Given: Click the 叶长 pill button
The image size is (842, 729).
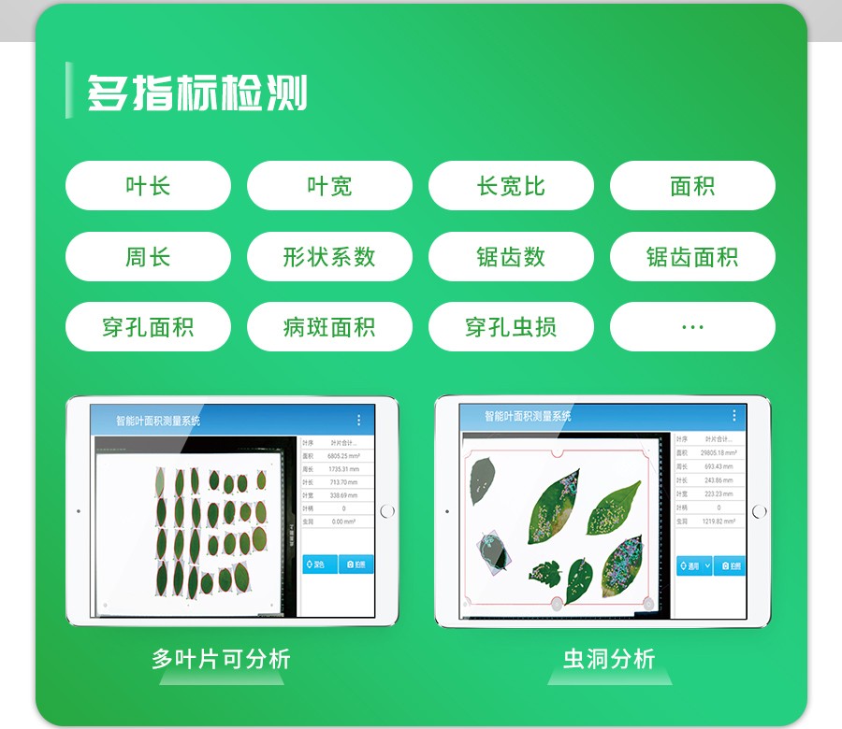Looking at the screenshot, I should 148,186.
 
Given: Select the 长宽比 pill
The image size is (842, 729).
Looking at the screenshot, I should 511,186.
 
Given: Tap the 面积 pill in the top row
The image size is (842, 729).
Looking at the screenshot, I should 692,186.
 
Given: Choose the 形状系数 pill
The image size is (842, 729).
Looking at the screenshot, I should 329,257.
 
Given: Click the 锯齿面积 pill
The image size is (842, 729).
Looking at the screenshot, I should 692,257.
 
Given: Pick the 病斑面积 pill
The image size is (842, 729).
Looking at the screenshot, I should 329,327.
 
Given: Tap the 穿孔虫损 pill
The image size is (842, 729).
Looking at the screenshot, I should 511,327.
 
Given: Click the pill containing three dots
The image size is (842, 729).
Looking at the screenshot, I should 692,327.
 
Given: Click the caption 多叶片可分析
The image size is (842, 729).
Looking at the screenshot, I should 221,659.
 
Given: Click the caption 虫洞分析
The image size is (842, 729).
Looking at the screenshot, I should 609,659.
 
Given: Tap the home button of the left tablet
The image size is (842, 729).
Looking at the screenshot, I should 388,511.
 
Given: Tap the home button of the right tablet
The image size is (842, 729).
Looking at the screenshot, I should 759,511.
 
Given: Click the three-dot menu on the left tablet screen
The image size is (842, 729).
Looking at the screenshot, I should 358,421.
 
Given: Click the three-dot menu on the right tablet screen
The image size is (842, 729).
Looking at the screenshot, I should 733,416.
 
